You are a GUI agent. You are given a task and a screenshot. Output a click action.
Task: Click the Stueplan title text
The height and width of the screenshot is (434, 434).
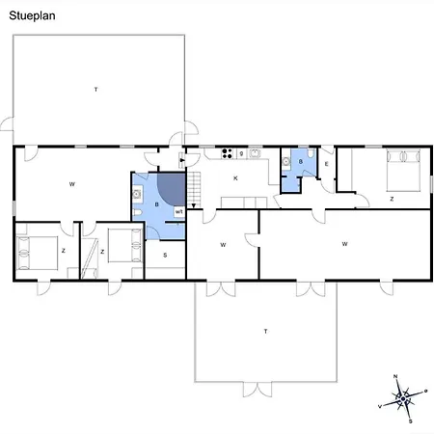[32, 15]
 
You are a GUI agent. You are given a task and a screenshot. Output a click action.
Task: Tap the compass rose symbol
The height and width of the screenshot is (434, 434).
[403, 399]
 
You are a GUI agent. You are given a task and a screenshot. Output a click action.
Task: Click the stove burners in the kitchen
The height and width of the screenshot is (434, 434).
[227, 153]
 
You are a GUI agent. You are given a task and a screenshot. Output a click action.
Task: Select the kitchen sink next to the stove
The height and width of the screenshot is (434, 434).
[255, 153]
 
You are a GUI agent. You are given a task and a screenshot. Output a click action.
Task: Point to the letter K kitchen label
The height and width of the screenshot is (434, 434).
[235, 178]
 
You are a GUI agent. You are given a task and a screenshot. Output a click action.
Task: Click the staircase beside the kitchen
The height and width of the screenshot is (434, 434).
[194, 190]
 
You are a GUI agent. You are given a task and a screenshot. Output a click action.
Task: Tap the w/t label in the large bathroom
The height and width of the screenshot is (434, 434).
[179, 211]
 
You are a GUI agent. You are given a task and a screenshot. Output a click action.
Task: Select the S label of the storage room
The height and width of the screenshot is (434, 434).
[165, 256]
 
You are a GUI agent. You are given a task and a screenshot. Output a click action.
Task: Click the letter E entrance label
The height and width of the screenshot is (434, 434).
[327, 164]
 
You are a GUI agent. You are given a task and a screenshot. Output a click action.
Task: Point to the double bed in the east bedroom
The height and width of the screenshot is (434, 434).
[403, 171]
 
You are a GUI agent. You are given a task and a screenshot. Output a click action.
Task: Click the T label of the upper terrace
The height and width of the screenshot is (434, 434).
[95, 90]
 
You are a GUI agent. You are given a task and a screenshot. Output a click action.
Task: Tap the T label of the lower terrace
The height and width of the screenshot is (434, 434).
[265, 331]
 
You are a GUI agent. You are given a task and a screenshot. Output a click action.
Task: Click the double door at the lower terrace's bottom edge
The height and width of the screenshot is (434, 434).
[258, 390]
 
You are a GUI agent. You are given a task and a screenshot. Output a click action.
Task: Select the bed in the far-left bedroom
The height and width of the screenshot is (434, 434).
[37, 253]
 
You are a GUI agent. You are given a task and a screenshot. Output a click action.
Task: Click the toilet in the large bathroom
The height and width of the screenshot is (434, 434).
[137, 212]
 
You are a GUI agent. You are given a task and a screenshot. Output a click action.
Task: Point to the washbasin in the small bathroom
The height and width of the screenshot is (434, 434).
[285, 162]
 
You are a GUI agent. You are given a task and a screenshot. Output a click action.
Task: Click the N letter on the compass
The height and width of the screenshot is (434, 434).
[395, 376]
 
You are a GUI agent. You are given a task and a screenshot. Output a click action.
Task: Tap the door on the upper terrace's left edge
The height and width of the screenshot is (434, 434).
[7, 124]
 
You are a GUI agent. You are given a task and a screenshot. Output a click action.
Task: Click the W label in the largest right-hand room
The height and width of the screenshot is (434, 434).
[344, 244]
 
